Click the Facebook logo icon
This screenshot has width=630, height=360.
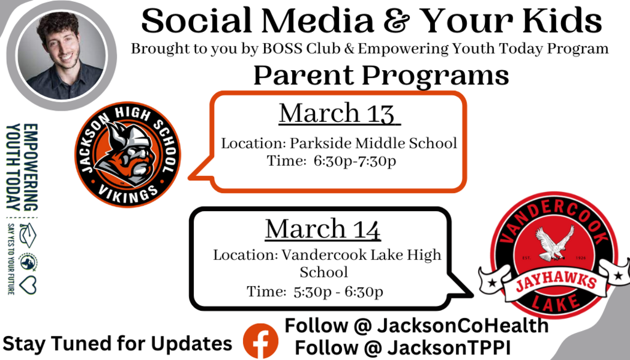260,341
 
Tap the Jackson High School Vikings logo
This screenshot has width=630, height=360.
128,154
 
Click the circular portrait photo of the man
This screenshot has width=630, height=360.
62,55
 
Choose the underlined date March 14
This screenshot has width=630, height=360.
322,229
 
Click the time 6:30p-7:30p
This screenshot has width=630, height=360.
355,161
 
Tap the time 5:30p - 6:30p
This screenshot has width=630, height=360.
338,292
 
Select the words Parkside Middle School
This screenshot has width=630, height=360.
373,143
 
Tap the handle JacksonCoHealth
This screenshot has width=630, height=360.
463,326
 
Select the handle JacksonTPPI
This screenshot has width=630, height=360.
449,348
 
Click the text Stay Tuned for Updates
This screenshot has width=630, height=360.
118,344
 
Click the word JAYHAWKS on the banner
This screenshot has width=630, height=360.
556,283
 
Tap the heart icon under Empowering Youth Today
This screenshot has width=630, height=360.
28,286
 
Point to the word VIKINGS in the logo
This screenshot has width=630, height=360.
128,193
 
